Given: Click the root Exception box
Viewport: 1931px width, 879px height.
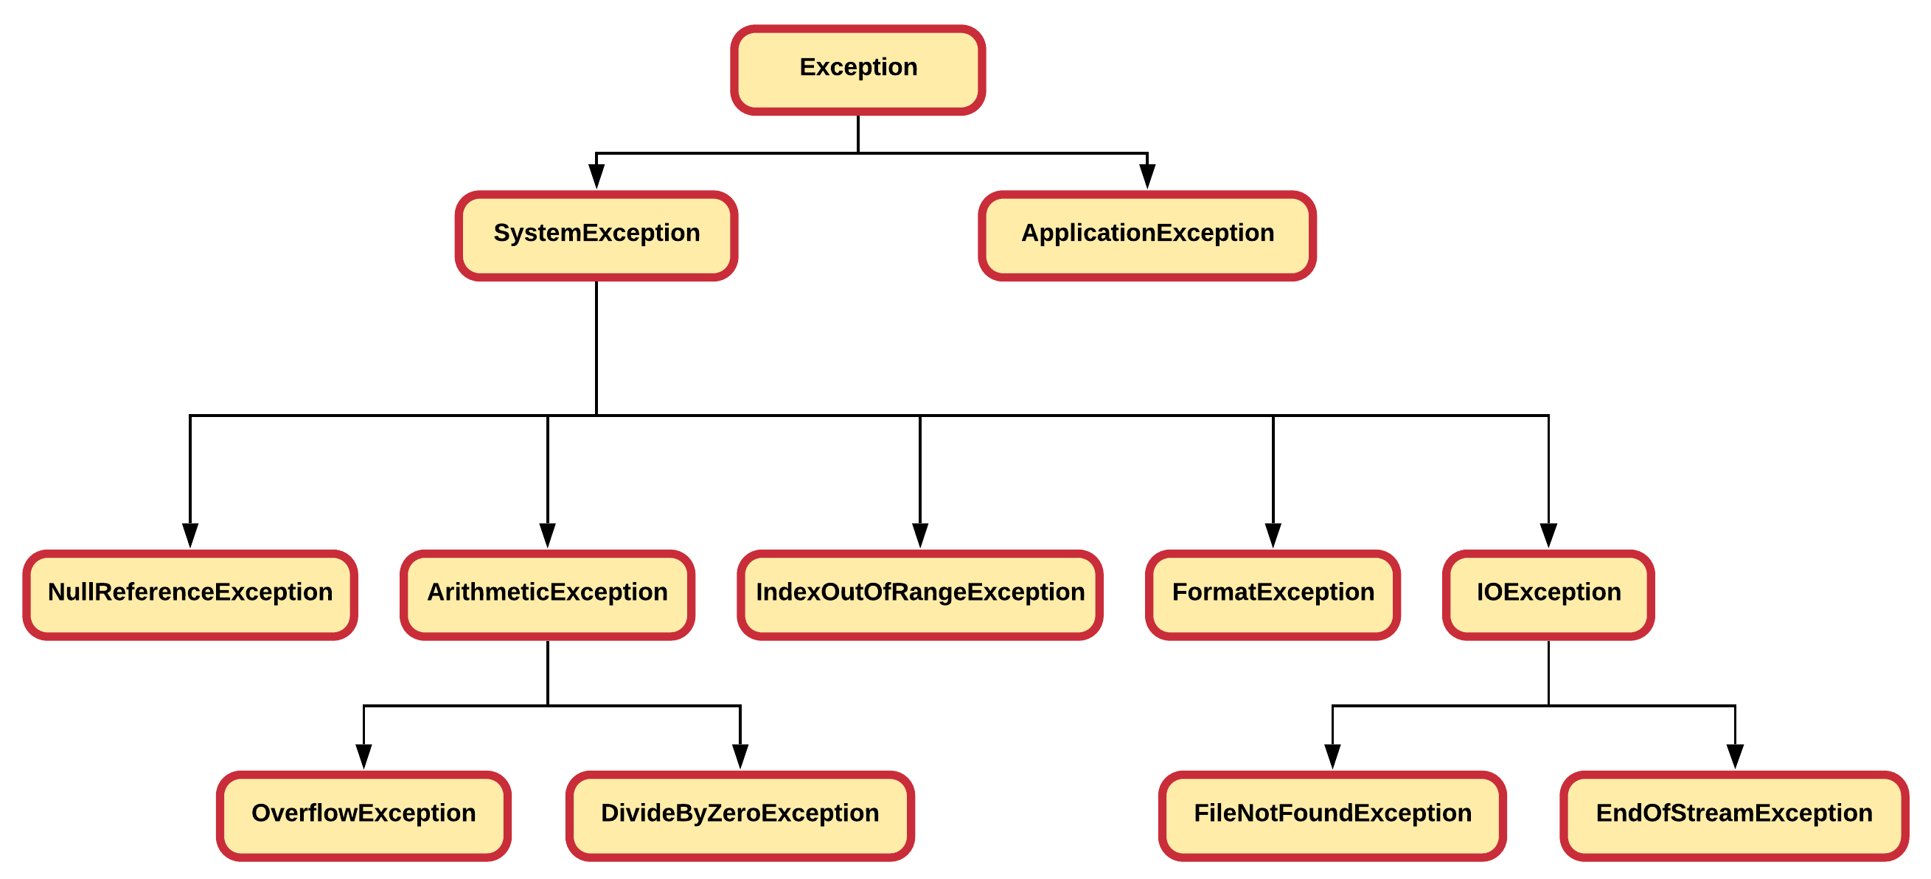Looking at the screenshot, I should tap(857, 70).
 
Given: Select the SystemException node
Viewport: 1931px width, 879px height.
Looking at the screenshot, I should tap(596, 235).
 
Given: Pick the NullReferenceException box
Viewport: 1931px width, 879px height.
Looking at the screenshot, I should tap(189, 595).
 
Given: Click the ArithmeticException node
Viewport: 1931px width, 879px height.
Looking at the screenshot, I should tap(547, 595).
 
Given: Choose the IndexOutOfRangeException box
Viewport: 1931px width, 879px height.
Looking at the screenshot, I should tap(919, 595).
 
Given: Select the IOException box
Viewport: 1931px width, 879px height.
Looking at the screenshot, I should tap(1548, 595).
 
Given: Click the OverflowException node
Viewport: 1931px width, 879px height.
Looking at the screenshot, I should tap(363, 816).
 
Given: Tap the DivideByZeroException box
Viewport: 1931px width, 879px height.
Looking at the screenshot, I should tap(740, 816).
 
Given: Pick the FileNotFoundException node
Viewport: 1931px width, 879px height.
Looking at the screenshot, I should tap(1332, 816).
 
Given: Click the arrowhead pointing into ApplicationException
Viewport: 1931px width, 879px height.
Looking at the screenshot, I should tap(1147, 177).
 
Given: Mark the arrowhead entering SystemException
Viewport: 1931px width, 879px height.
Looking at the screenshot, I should tap(596, 177).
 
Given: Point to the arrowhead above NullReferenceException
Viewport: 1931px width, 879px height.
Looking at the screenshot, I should tap(189, 535).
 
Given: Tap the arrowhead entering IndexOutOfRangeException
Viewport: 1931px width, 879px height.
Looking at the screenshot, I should tap(919, 535).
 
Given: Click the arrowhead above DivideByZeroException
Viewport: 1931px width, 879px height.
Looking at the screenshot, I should tap(740, 756).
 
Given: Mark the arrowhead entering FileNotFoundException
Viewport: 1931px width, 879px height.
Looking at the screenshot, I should tap(1332, 756).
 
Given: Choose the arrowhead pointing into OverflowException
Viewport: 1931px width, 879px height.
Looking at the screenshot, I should tap(363, 756).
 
